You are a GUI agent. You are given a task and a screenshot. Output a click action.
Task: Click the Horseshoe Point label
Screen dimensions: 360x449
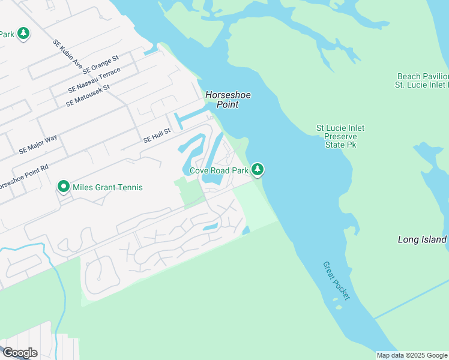click(x=221, y=100)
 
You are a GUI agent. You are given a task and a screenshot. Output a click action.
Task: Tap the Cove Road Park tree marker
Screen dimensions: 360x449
click(x=258, y=170)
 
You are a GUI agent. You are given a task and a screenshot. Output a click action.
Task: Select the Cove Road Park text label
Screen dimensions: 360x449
click(x=218, y=171)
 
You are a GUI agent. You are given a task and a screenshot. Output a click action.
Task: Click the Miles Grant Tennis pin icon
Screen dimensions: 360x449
click(x=63, y=187)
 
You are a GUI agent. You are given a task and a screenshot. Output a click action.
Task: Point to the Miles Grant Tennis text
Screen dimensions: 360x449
click(x=107, y=187)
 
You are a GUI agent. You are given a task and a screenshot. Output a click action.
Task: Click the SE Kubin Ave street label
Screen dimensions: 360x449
click(x=67, y=54)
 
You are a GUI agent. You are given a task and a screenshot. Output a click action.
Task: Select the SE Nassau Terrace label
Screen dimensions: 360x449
click(x=94, y=80)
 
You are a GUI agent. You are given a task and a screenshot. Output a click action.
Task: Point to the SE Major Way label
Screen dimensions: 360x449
click(x=38, y=145)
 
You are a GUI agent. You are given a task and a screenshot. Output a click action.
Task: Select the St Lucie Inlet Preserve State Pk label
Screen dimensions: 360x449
click(x=340, y=136)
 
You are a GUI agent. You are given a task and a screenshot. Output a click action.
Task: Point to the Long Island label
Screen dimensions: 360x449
click(x=422, y=239)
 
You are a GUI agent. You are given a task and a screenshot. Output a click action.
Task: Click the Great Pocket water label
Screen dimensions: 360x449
click(x=336, y=281)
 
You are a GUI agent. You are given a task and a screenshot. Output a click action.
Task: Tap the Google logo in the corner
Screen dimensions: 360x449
click(x=19, y=352)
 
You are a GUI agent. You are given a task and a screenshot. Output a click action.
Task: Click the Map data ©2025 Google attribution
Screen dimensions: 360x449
click(x=412, y=355)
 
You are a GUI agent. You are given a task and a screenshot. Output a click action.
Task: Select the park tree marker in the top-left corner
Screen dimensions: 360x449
click(x=23, y=34)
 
